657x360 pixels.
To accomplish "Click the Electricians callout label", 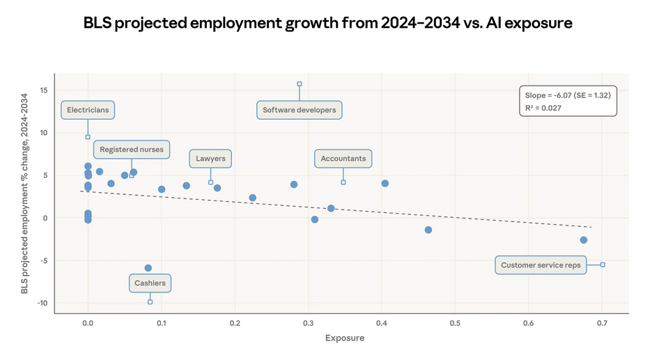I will [x=88, y=110].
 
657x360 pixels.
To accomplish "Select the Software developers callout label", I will [x=300, y=110].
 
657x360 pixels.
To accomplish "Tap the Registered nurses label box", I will [x=132, y=150].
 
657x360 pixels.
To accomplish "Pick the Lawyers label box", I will [x=210, y=159].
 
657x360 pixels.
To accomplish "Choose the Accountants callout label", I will [x=343, y=159].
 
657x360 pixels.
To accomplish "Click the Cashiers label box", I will [x=150, y=283].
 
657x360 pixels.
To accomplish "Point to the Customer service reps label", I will [x=541, y=265].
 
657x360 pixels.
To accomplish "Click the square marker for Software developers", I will [x=300, y=84].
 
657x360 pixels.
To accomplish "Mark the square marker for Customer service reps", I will [x=603, y=265].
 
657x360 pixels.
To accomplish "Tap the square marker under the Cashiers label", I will [x=150, y=302].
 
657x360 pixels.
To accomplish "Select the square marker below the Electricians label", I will [x=88, y=137].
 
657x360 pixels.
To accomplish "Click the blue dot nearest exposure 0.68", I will [x=584, y=240].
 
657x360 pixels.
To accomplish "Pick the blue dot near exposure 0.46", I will [x=428, y=230].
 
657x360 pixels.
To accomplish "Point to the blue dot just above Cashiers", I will [x=148, y=268].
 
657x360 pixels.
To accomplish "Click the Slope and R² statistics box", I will [x=568, y=102].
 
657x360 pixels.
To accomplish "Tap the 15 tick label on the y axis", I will [x=43, y=91].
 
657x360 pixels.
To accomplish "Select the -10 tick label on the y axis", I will [x=41, y=304].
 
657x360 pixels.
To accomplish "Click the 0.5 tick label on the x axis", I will [x=456, y=323].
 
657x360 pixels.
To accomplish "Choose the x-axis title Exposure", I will [x=345, y=338].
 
